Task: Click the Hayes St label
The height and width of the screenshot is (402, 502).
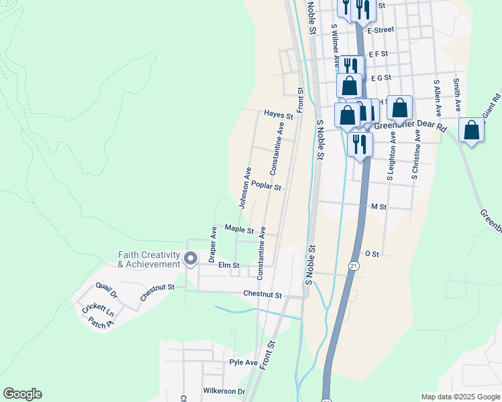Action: click(x=279, y=115)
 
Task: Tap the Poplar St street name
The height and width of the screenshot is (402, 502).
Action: click(x=266, y=188)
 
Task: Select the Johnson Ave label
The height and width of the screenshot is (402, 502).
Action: click(x=244, y=188)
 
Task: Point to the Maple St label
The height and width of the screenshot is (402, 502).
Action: click(x=239, y=229)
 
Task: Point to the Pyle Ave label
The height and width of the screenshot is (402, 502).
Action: click(x=244, y=362)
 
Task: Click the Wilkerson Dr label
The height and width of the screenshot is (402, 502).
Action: click(x=223, y=391)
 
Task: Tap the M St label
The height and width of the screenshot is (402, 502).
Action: click(x=379, y=208)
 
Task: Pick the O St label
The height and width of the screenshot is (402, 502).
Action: click(x=372, y=254)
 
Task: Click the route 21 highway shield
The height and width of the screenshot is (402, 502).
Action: click(x=353, y=266)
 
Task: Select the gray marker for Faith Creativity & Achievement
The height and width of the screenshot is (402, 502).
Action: click(x=190, y=258)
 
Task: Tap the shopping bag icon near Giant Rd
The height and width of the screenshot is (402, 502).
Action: click(x=472, y=130)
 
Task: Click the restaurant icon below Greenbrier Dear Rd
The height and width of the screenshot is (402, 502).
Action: click(x=360, y=143)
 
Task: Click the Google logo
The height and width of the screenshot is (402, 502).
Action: click(x=22, y=394)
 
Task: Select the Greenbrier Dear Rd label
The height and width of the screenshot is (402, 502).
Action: click(x=410, y=125)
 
